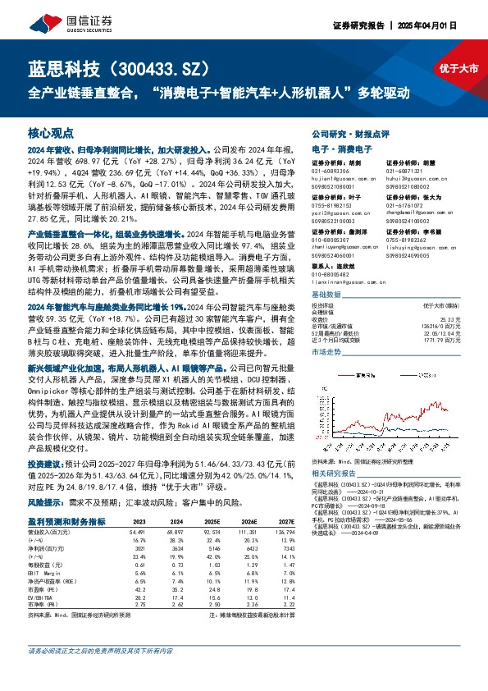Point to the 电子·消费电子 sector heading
click(x=342, y=149)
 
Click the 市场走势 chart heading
click(x=328, y=350)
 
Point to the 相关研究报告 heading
click(x=335, y=475)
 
